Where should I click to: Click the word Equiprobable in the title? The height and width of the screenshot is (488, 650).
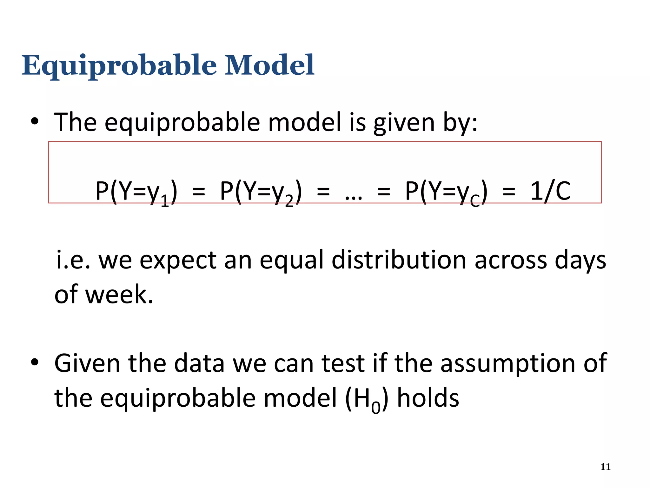point(119,66)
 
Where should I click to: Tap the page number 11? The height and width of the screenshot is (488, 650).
point(606,467)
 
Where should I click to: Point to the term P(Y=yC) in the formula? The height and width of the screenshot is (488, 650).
point(446,192)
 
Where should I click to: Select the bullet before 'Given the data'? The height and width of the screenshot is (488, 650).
point(35,363)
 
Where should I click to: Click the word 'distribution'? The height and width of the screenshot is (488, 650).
point(399,260)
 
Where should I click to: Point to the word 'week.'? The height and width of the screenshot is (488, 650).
point(119,295)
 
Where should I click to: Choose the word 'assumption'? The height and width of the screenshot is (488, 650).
point(508,364)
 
